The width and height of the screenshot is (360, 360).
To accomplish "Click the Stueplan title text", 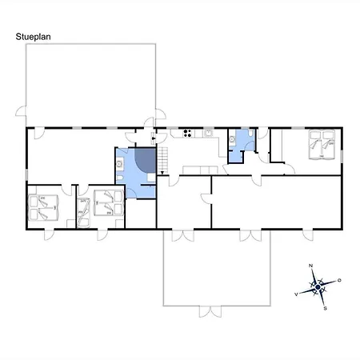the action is [x=33, y=37].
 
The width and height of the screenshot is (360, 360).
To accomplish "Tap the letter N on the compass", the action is [x=310, y=266].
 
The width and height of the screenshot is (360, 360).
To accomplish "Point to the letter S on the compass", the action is [x=325, y=309].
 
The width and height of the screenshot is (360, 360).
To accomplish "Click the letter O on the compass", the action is [x=339, y=280].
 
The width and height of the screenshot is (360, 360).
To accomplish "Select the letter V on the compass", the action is [x=296, y=294].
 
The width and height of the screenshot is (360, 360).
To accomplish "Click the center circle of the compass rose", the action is [x=318, y=287].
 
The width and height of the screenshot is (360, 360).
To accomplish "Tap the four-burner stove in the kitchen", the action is [x=187, y=134].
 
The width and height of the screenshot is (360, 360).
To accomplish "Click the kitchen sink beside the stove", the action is [x=208, y=133].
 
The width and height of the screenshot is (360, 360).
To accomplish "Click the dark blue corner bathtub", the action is [x=146, y=159].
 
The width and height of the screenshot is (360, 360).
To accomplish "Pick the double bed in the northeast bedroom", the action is [x=322, y=145].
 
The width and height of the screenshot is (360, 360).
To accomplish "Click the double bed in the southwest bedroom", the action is [x=43, y=208].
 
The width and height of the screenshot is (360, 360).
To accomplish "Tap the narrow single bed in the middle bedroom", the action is [x=83, y=213].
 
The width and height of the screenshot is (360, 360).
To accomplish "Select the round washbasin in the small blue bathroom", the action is [x=232, y=139].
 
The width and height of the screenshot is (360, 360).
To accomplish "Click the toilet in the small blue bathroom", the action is [x=250, y=133].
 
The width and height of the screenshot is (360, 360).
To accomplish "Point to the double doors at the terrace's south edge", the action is [x=210, y=311].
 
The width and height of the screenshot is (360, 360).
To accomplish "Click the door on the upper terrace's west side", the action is [x=21, y=111].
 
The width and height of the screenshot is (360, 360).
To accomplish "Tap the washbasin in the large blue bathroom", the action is [x=119, y=164].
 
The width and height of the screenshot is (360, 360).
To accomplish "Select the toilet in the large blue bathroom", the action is [x=120, y=178].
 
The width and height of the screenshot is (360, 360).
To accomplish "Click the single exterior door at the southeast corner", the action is [x=308, y=235].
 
